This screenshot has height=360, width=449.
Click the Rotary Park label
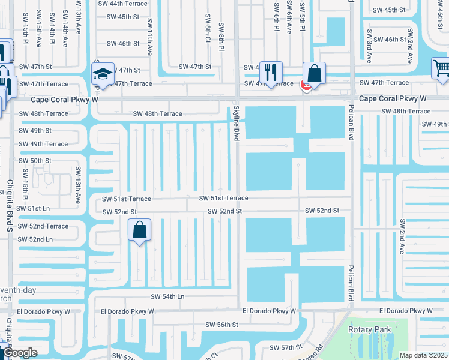click(369, 329)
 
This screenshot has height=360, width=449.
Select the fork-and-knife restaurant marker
click(271, 73)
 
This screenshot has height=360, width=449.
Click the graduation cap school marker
click(103, 74)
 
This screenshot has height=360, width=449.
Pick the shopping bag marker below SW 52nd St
click(139, 230)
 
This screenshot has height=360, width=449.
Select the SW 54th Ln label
click(167, 296)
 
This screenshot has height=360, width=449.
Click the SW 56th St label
click(222, 324)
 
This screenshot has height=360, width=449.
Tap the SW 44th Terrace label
click(123, 4)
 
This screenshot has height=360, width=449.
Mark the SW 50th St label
click(35, 161)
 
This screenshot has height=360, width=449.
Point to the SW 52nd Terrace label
click(43, 226)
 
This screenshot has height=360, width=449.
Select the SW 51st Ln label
click(34, 208)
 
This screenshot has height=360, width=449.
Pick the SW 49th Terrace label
click(43, 144)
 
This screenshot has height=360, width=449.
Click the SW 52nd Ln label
click(35, 239)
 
